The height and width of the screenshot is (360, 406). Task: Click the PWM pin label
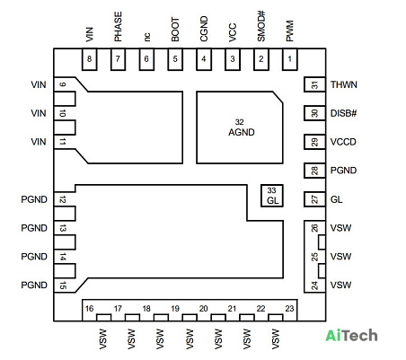289,31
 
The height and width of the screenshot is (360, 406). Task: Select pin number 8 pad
89,59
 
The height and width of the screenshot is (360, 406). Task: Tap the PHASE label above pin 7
118,27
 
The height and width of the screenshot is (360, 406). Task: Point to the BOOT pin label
175,30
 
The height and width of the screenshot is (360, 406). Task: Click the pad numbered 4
204,59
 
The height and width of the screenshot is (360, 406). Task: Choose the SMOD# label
261,26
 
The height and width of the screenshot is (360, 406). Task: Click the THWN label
344,84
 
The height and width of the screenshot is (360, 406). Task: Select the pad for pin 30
314,113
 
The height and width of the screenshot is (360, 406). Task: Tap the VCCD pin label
343,142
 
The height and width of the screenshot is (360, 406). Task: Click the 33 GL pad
271,196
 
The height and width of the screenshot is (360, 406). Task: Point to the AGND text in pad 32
242,132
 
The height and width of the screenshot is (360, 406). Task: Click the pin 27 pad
314,199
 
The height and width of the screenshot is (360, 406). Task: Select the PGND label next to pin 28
343,171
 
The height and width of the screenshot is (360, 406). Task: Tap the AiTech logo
351,336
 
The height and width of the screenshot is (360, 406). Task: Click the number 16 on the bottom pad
89,309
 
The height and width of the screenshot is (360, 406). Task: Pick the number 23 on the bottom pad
289,309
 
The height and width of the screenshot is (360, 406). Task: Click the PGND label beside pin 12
34,199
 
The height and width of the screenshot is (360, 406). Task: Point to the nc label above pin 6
146,37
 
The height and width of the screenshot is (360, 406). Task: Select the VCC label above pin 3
233,32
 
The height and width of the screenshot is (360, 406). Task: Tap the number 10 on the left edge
62,113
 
